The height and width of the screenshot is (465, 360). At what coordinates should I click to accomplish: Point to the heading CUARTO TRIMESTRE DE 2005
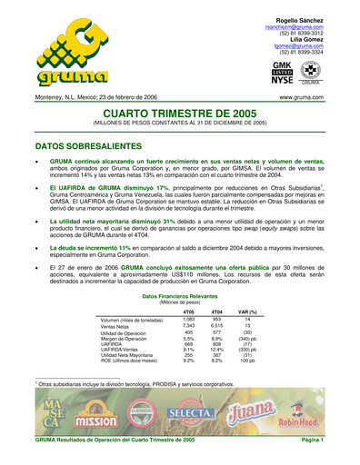(180, 112)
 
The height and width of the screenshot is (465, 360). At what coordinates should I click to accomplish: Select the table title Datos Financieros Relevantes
(180, 296)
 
